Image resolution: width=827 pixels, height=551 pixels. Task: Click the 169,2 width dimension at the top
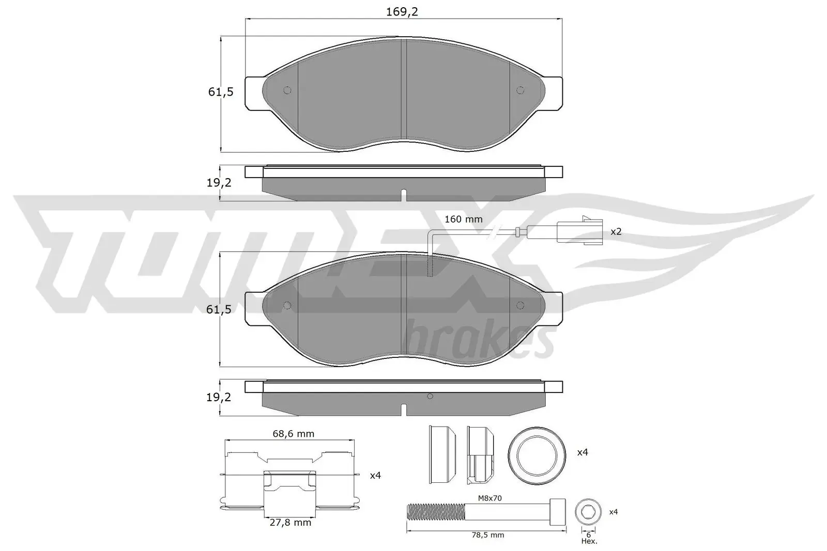(x=402, y=11)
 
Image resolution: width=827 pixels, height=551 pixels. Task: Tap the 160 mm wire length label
(x=464, y=219)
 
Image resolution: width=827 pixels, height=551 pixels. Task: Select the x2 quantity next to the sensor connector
(x=616, y=231)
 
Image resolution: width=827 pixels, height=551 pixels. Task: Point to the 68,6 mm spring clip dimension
(x=293, y=434)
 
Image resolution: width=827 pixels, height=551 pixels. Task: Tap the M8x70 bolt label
(x=489, y=498)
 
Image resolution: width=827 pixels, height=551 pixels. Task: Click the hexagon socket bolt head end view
(x=588, y=512)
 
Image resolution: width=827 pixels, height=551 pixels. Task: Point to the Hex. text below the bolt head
(x=589, y=541)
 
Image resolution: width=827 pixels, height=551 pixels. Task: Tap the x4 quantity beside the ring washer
(x=582, y=452)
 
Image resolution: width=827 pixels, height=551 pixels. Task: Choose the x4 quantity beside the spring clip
(x=375, y=475)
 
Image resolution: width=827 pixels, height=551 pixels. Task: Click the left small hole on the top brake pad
(x=288, y=90)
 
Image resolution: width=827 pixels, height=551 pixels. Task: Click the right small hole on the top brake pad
(x=520, y=90)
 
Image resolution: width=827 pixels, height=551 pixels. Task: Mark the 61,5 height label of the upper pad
(x=221, y=92)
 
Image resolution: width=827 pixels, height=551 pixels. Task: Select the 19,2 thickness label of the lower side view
(x=219, y=397)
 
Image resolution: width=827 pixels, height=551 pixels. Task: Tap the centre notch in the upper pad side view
(x=404, y=195)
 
